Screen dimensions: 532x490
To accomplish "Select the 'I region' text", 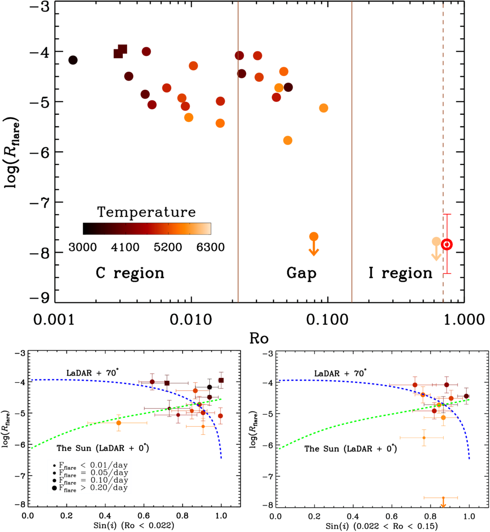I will coord(401,273).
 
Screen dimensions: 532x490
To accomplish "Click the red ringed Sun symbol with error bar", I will coord(447,244).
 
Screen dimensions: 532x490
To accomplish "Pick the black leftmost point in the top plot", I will coord(73,60).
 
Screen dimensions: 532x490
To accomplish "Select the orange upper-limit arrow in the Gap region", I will coord(314,244).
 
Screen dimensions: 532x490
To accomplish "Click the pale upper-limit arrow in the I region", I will coord(436,249).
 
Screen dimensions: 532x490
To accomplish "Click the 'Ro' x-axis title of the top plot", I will coord(259,338).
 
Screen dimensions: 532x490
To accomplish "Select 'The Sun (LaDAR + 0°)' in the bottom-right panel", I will coord(352,449).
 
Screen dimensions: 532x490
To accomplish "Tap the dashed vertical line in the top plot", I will coord(443,144).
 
